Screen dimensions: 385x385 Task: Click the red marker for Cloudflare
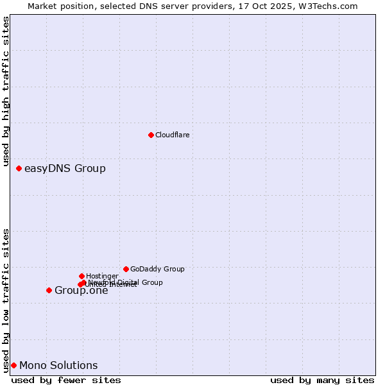[151, 135]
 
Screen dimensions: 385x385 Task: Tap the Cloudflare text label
[172, 135]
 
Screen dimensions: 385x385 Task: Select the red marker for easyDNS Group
[19, 168]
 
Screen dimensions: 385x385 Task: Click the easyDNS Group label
[65, 169]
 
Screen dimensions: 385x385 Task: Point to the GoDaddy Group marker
[126, 269]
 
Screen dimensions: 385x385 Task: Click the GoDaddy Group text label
[157, 269]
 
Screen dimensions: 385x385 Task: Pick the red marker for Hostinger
[81, 276]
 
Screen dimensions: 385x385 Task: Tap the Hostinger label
[102, 276]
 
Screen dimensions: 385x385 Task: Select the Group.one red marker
[49, 290]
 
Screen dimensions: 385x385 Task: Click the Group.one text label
[81, 291]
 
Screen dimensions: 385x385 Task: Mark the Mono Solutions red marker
[13, 365]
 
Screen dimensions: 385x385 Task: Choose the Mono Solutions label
[58, 366]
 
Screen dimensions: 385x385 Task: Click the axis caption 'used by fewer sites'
[66, 380]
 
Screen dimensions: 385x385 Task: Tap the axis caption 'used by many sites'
[322, 380]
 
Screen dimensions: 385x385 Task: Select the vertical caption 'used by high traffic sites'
[6, 91]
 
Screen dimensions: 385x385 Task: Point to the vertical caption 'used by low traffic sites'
[6, 300]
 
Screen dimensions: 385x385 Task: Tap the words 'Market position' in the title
[58, 6]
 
